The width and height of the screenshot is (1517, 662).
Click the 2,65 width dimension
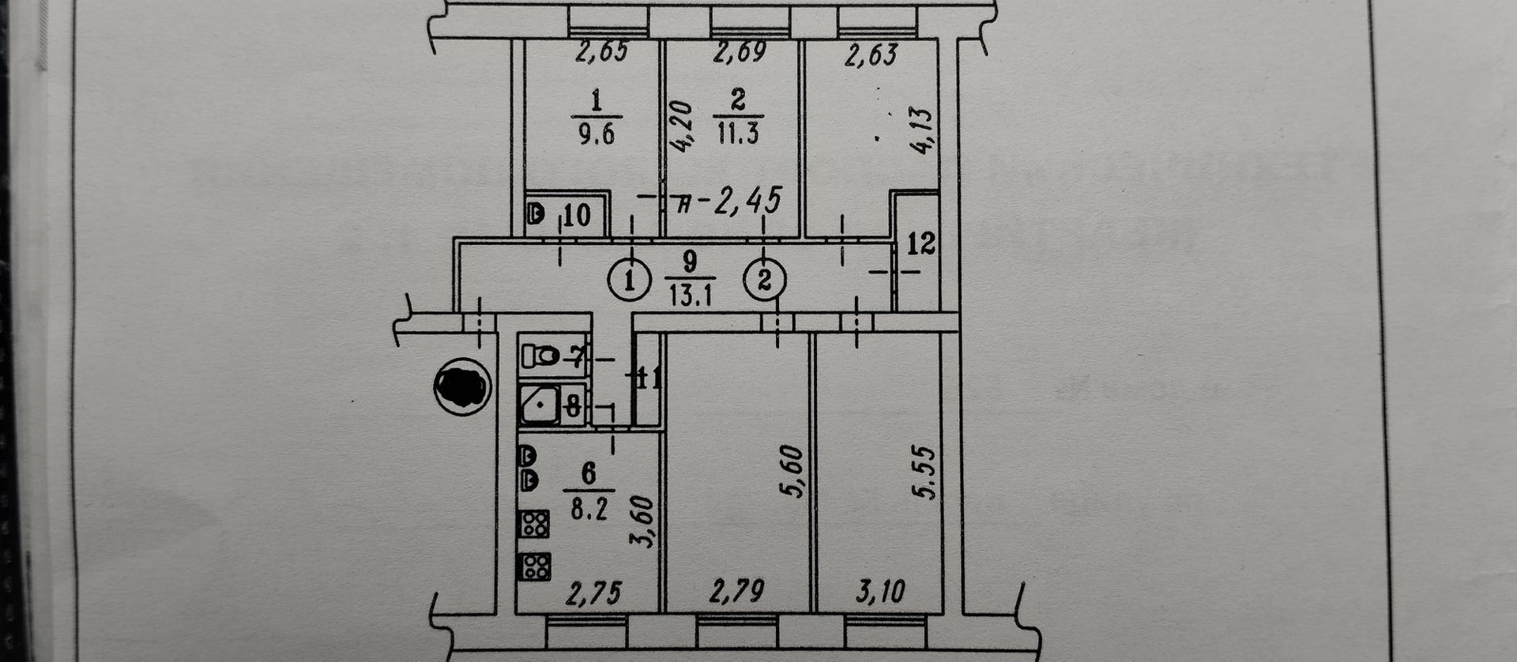coord(602,51)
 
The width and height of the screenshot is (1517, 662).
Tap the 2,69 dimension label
coord(740,51)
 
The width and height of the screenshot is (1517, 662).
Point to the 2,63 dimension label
coord(871,55)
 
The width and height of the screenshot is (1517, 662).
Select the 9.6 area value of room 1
coord(596,133)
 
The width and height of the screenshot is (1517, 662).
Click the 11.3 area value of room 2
coord(738,132)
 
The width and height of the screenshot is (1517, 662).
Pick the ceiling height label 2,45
coord(747,201)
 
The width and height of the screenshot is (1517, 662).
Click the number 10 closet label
coord(577,214)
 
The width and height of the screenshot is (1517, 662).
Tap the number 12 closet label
coord(920,243)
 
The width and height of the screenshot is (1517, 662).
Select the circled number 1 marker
coord(630,280)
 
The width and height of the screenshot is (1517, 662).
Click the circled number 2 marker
coord(765,280)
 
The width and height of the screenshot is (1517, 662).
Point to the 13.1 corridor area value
coord(691,295)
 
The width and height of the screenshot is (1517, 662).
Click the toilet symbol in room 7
coord(541,355)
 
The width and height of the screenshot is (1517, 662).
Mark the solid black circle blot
coord(462,386)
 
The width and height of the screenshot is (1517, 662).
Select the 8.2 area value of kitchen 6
coord(589,509)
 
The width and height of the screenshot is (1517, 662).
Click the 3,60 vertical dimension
coord(644,521)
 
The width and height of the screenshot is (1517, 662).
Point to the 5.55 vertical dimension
coord(924,472)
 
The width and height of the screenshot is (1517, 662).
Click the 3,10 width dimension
coord(879,591)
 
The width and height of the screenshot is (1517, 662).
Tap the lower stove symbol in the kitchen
coord(533,566)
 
